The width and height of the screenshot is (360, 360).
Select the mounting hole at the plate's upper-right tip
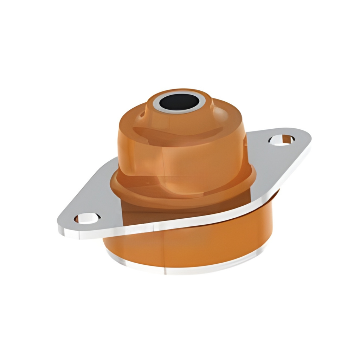click(x=282, y=140)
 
